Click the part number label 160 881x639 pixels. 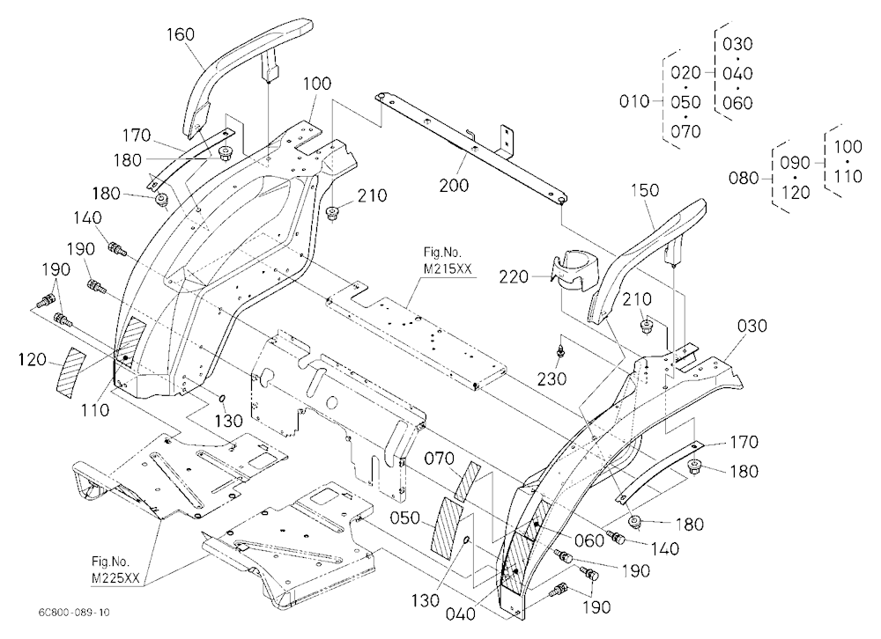pos(181,35)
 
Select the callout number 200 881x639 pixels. pos(454,186)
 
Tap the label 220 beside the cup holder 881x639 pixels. pos(515,277)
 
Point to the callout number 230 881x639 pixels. pos(552,379)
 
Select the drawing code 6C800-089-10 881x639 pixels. pos(75,612)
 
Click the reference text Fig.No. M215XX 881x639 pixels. pos(448,261)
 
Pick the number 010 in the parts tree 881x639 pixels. pos(634,101)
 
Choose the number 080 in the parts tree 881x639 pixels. pos(744,179)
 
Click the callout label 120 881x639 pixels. pos(32,359)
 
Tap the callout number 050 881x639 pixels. pos(405,518)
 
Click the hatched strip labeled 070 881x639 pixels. pos(469,481)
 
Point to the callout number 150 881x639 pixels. pos(645,190)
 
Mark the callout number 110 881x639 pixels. pos(94,410)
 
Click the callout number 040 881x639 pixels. pos(461,614)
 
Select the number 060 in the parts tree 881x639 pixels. pos(737,103)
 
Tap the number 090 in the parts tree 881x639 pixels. pos(795,164)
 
